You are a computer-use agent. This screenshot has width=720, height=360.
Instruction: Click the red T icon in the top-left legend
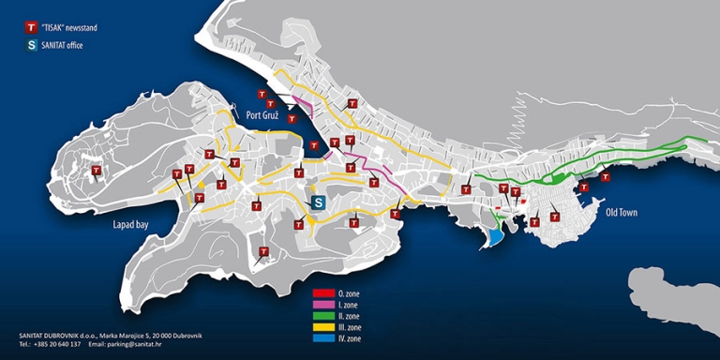click(x=33, y=28)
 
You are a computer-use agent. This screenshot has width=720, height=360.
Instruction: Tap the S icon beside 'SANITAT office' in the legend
click(x=33, y=45)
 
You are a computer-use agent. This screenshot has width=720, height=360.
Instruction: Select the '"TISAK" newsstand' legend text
click(x=70, y=28)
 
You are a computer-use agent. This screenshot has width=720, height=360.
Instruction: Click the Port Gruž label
click(x=266, y=116)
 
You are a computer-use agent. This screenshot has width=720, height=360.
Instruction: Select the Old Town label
click(x=622, y=213)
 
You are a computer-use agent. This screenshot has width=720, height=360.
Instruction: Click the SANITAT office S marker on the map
click(x=318, y=202)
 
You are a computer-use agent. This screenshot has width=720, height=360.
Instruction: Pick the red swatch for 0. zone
click(x=323, y=293)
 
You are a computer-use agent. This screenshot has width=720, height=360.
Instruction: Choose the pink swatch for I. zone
click(x=323, y=305)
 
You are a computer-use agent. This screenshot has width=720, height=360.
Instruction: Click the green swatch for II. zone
click(x=323, y=316)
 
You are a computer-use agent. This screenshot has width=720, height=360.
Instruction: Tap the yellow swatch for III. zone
click(x=323, y=327)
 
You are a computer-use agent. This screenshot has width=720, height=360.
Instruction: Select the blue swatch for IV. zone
click(x=323, y=338)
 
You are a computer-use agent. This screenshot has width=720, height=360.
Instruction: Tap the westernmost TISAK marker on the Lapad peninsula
click(x=96, y=172)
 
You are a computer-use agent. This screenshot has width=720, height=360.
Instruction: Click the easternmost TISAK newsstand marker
click(x=606, y=176)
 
